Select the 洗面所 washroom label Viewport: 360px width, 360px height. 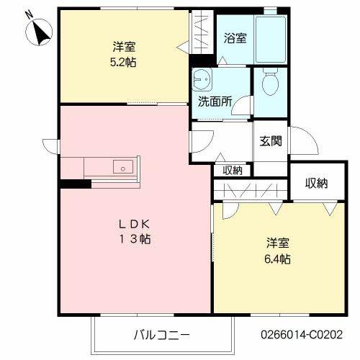(x=215, y=102)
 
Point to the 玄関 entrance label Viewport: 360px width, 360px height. (x=271, y=141)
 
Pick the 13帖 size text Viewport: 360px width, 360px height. (x=134, y=239)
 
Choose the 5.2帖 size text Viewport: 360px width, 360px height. (x=125, y=62)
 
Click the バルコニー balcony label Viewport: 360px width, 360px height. (x=162, y=336)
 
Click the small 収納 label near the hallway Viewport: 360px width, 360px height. (x=232, y=171)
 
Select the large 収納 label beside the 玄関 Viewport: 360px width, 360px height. (x=316, y=184)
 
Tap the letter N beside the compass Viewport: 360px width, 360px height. (x=29, y=14)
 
